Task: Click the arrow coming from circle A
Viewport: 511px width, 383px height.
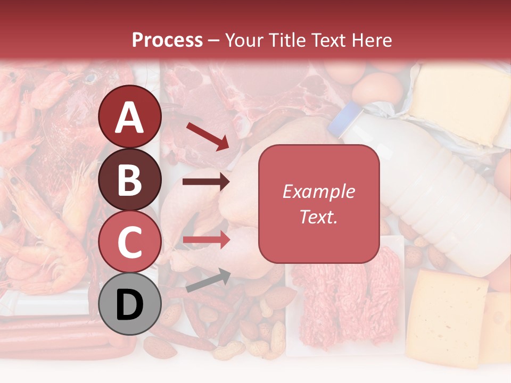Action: pos(208,136)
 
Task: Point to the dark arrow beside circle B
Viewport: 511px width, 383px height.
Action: pos(206,182)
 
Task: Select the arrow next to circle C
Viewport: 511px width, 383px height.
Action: pos(206,240)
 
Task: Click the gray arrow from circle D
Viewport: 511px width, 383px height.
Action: pos(208,280)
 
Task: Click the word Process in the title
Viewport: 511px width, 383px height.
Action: pos(167,40)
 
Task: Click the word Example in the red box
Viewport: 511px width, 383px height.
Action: pos(318,191)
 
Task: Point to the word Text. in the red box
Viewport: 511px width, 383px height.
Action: pos(318,217)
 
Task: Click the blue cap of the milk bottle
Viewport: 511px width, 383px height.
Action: pos(340,120)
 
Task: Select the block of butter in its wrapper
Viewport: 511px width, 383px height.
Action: pos(458,104)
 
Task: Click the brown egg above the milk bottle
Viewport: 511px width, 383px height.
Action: pos(377,88)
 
